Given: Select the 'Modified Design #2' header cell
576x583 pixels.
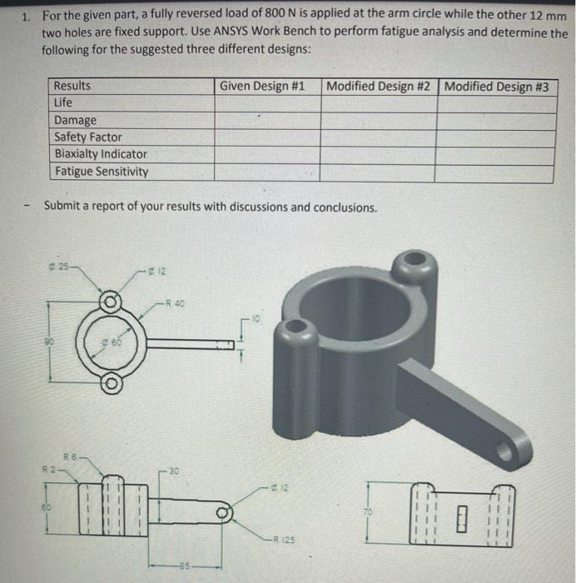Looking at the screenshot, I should pos(380,87).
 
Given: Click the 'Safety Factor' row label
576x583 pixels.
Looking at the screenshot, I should pos(87,137).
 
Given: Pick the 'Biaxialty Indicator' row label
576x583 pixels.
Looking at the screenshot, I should pos(100,154).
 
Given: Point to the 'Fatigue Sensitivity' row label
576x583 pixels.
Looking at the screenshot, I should pos(101,172).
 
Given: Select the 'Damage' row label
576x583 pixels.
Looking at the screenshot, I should pos(75,120).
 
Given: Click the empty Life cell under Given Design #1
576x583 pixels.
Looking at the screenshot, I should pos(266,102).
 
